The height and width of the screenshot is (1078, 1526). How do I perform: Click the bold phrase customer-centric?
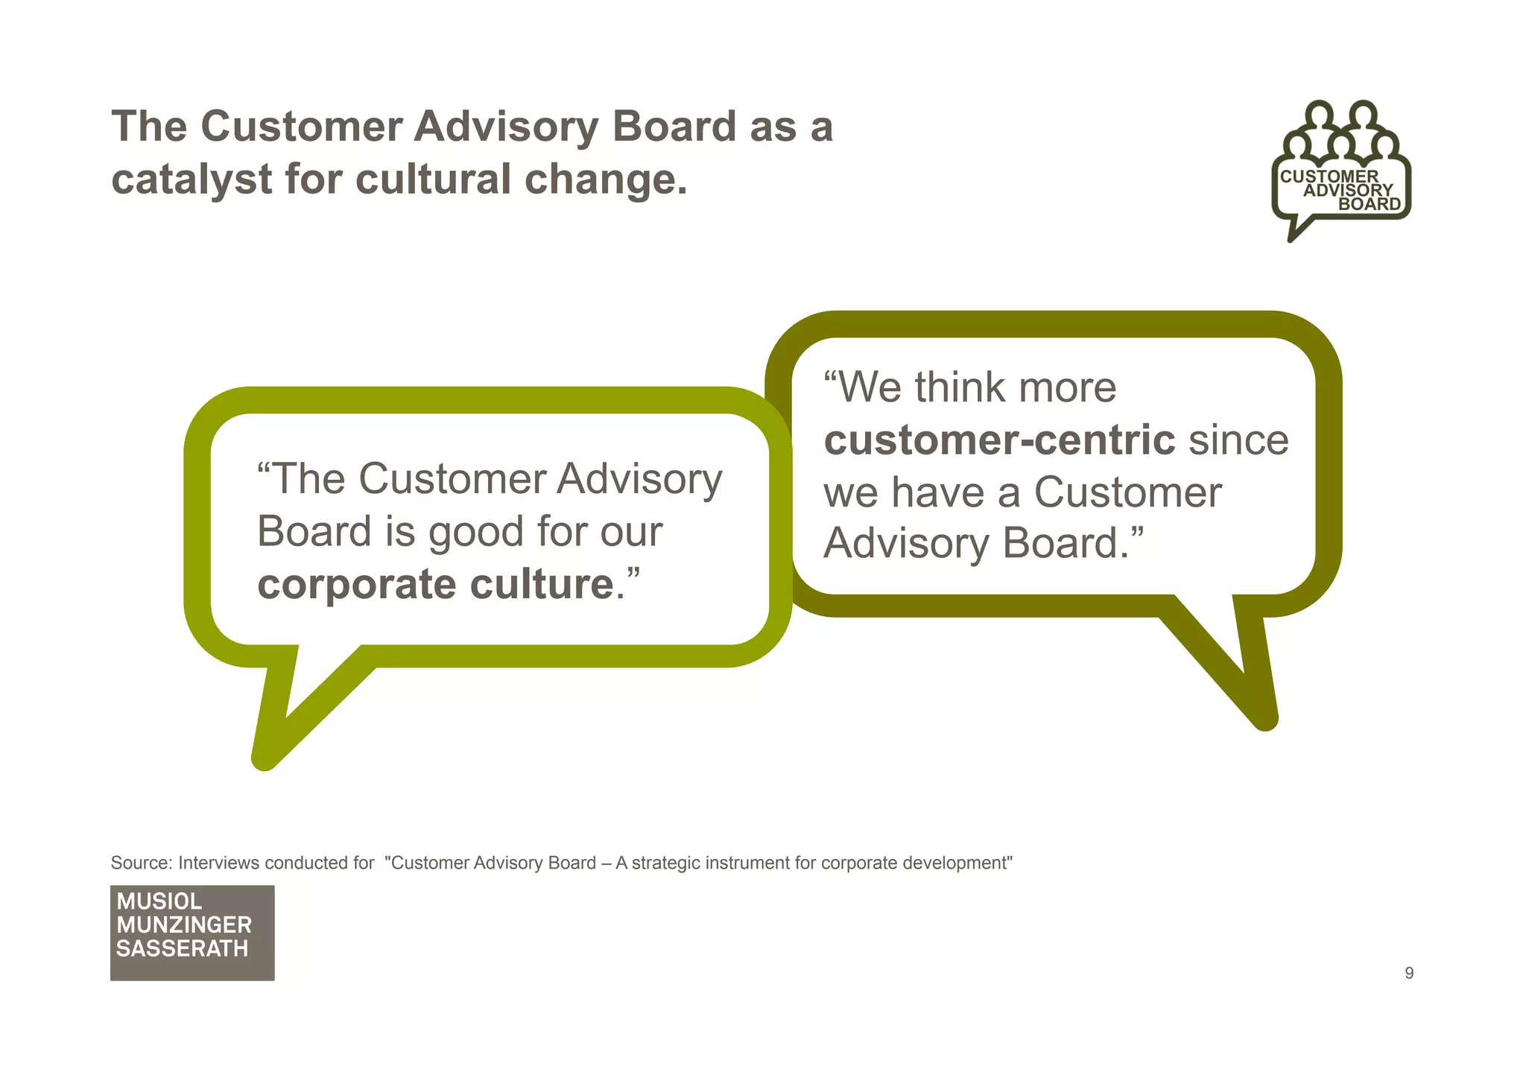[999, 440]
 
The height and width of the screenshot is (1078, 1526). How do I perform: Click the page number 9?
[1408, 973]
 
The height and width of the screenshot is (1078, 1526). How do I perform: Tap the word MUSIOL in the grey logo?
[159, 901]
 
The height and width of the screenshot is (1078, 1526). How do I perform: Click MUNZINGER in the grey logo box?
[184, 925]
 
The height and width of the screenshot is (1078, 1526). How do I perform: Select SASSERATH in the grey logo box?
[183, 949]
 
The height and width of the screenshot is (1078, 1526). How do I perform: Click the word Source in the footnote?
[141, 863]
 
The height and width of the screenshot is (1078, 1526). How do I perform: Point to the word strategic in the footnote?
[665, 863]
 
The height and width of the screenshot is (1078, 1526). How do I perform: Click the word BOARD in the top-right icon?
[1370, 204]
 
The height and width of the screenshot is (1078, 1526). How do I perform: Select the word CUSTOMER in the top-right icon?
[1329, 177]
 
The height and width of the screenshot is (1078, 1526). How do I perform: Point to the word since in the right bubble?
[1238, 440]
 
